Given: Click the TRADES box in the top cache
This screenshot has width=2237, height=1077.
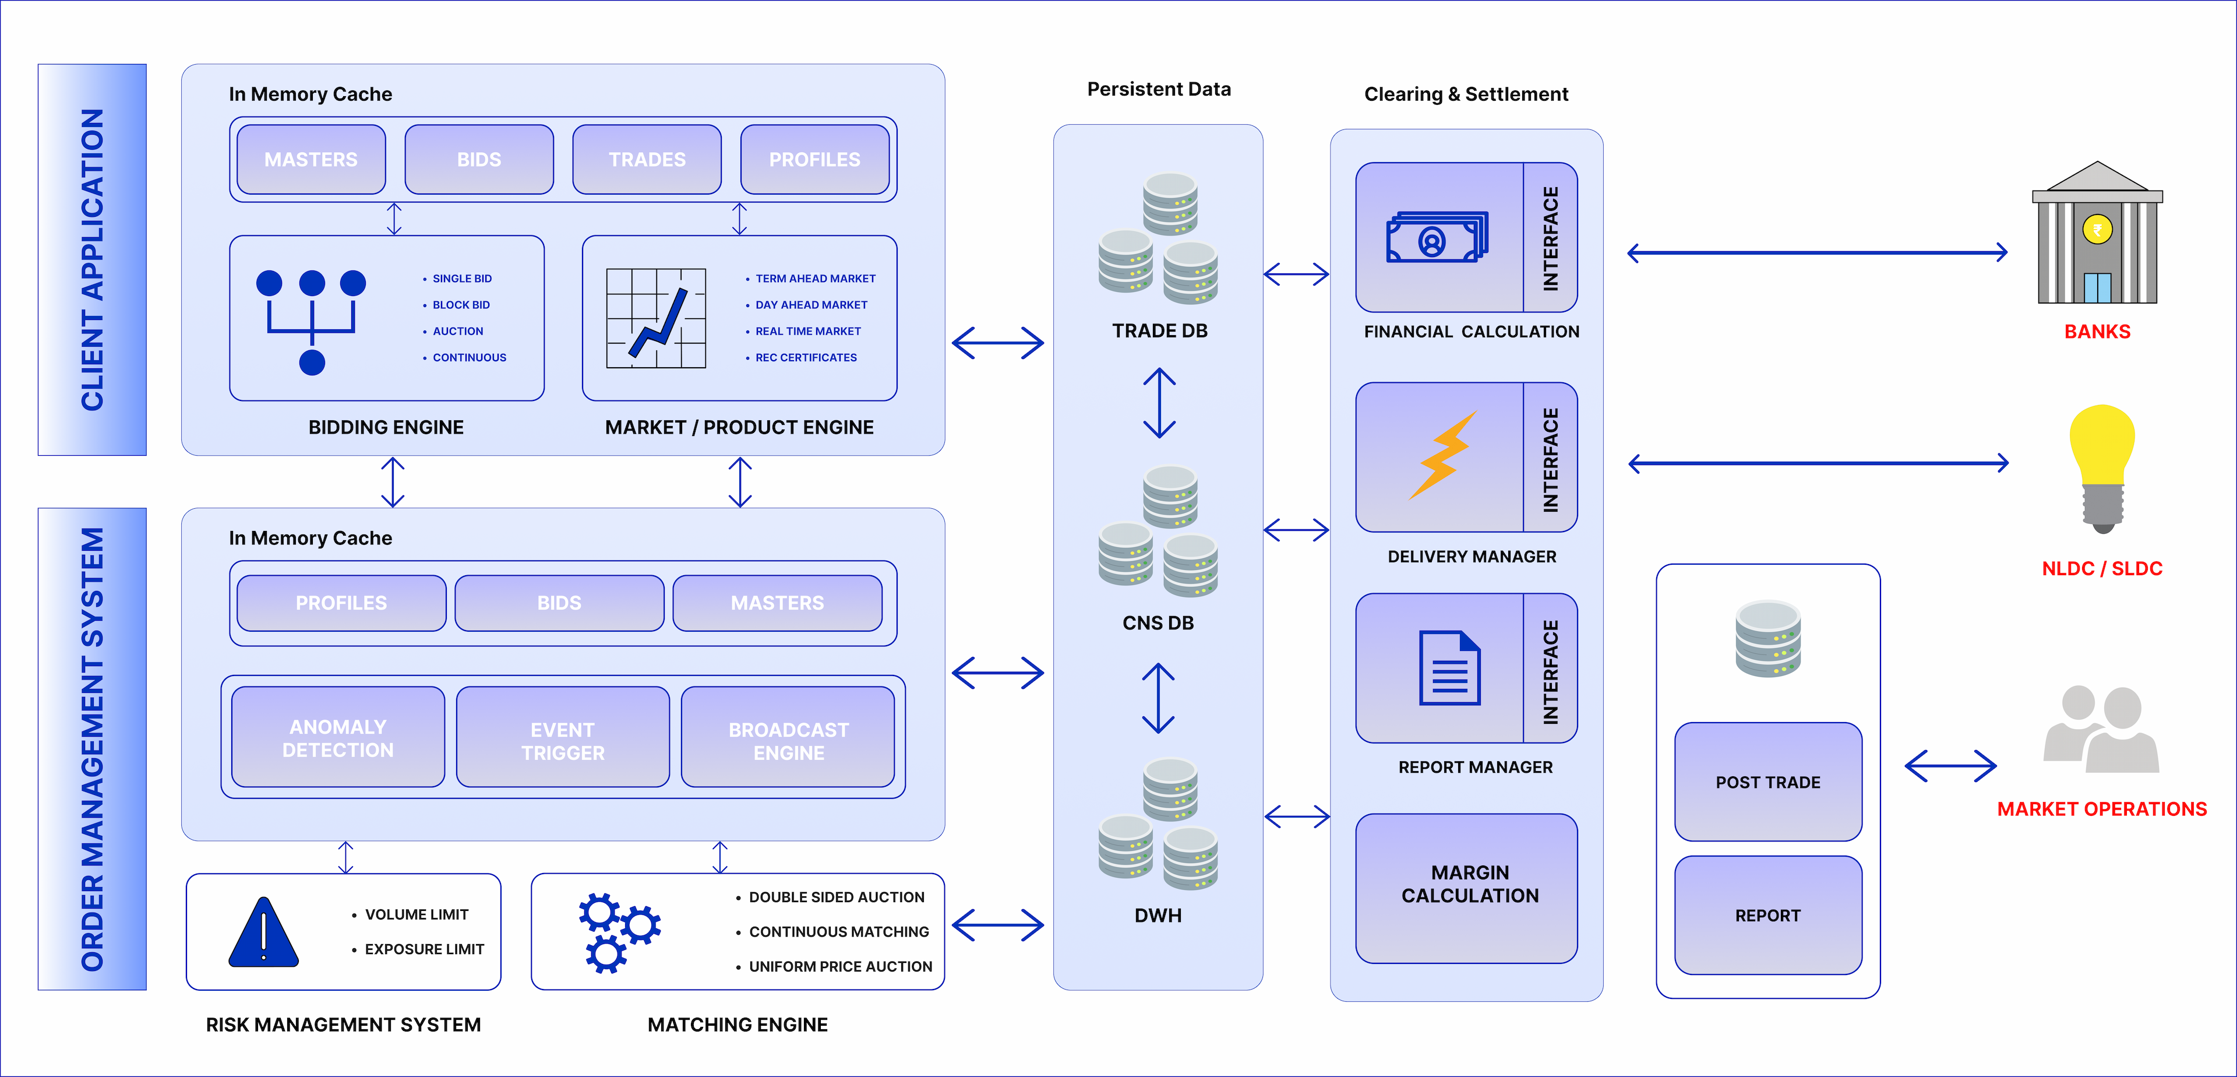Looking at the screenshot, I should [x=647, y=160].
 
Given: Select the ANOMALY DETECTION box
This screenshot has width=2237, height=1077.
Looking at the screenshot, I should [x=338, y=737].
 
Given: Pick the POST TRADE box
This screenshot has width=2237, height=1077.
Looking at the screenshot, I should [x=1768, y=782].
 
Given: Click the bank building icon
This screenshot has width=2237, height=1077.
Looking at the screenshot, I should [x=2097, y=234].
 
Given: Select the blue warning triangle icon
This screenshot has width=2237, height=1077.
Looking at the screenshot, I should [x=264, y=934].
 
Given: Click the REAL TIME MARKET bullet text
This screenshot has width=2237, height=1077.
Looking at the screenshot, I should [x=807, y=331].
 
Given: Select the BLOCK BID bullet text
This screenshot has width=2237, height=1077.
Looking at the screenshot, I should [x=461, y=305].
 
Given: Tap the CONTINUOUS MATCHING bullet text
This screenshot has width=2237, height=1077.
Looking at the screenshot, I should [x=839, y=932].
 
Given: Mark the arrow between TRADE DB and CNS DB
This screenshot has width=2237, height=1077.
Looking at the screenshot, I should [x=1159, y=403].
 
